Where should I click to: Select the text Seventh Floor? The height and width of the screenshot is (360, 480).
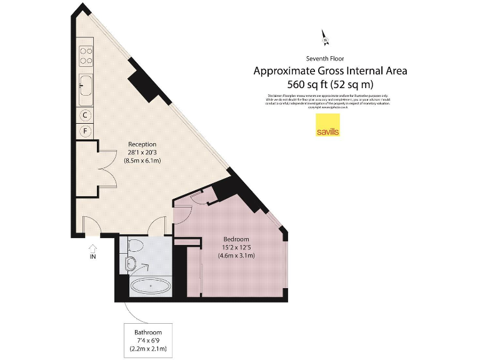[x=330, y=58]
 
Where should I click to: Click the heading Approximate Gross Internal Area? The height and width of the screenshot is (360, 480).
[x=330, y=71]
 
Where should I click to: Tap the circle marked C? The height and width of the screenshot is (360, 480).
[x=86, y=115]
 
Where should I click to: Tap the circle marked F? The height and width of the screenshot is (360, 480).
[x=86, y=131]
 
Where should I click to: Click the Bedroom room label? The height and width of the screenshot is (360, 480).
[x=236, y=239]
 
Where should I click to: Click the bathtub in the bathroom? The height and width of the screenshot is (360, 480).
[x=150, y=287]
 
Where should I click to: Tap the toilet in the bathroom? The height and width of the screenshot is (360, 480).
[x=132, y=261]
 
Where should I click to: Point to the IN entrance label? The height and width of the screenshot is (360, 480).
[x=93, y=256]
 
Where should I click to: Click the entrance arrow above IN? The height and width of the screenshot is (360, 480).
[x=93, y=248]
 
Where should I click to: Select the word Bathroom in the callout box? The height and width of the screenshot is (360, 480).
[x=148, y=332]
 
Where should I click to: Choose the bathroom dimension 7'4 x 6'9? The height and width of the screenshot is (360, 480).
[x=148, y=340]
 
